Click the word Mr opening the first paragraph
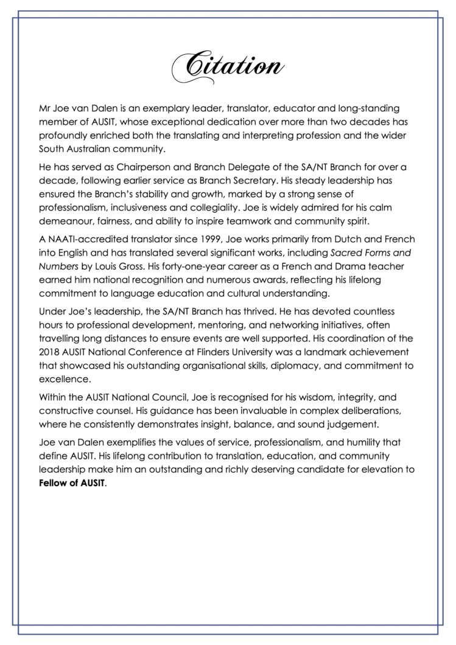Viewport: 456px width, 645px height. [44, 108]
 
